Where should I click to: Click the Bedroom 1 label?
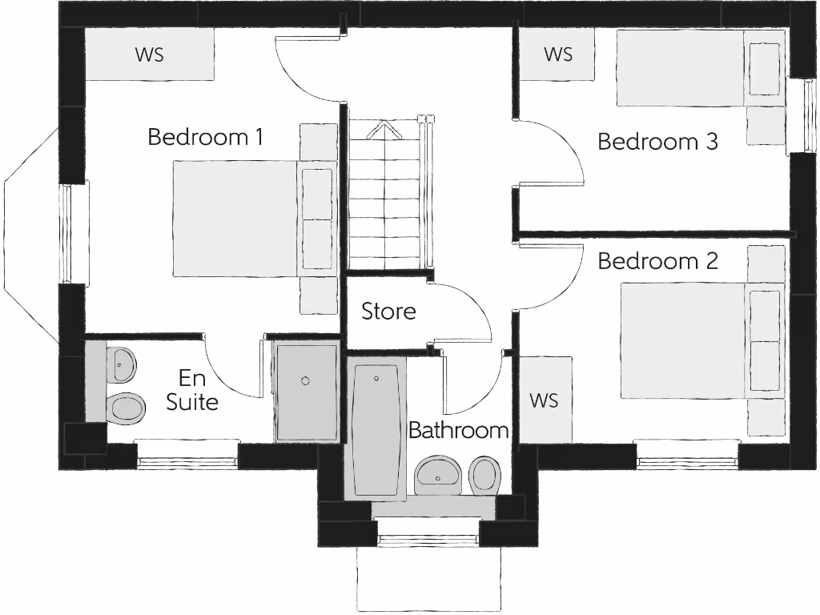tap(205, 137)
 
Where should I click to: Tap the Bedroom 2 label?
tap(657, 261)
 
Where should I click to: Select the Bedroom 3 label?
tap(657, 142)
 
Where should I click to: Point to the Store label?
tap(388, 311)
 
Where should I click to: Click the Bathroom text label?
tap(458, 430)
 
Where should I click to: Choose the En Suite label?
tap(192, 390)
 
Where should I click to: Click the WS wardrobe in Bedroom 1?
tap(149, 54)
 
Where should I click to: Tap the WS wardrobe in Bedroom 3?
tap(558, 54)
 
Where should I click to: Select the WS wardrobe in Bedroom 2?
tap(545, 399)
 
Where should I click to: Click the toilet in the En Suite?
tap(127, 408)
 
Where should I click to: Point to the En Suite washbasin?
tap(121, 365)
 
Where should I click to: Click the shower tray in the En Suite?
tap(306, 392)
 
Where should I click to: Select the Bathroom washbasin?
tap(438, 476)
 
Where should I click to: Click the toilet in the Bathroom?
tap(484, 475)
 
